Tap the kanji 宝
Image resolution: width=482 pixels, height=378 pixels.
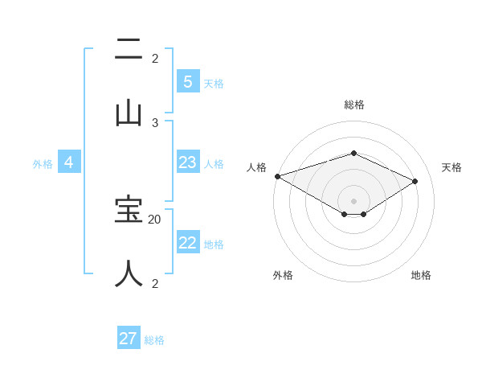coord(129,210)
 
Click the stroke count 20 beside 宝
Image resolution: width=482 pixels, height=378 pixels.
coord(155,219)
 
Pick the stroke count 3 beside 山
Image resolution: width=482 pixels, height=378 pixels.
coord(155,122)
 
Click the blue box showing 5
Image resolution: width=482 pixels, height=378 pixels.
coord(187,81)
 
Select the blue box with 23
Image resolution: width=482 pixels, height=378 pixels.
coord(187,162)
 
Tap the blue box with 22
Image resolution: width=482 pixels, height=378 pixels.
coord(187,243)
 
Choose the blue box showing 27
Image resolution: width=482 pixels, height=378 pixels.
coord(129,339)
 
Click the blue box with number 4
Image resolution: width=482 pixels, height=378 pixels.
coord(69,162)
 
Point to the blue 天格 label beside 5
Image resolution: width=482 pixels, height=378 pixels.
coord(214,83)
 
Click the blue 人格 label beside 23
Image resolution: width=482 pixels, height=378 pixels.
coord(214,164)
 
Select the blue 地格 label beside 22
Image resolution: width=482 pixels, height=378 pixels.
coord(214,244)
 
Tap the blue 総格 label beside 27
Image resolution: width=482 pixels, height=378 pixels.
coord(154,340)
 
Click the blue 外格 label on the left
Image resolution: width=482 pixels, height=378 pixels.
coord(43,164)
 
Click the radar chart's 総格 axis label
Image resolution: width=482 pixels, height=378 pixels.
coord(353,105)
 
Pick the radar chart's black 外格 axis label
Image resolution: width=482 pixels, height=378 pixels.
coord(283,275)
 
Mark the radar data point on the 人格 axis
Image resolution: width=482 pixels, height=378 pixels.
coord(277,176)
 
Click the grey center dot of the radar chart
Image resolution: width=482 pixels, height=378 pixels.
coord(353,200)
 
